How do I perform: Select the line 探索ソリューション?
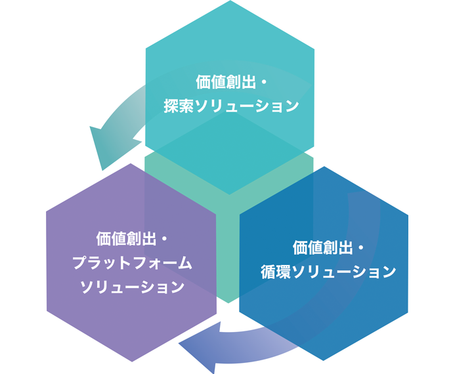coord(230,106)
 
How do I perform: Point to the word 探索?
coord(178,106)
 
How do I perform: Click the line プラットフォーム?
coord(132,262)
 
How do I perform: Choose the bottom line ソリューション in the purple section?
coord(132,287)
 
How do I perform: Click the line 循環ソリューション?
coord(328,272)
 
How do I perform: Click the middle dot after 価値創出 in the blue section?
coord(362,248)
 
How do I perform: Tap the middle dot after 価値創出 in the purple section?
coord(165,238)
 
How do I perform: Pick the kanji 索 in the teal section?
coord(186,106)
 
